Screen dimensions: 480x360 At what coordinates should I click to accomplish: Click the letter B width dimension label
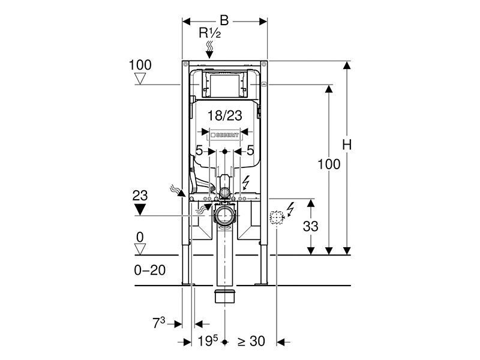tap(224, 20)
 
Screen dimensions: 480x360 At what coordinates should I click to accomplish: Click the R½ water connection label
tap(209, 33)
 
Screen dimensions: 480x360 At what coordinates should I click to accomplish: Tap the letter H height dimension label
tap(347, 145)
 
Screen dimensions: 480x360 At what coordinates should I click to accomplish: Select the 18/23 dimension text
tap(224, 116)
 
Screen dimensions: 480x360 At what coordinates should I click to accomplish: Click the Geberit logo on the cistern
tap(224, 135)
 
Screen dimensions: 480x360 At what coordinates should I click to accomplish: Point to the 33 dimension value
tap(310, 226)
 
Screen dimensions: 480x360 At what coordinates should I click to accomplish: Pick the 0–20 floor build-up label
tap(149, 270)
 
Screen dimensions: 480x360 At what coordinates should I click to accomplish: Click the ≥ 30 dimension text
tap(251, 341)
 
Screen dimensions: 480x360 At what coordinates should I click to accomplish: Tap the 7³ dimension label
tap(158, 323)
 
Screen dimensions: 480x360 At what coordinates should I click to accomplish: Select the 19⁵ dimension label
tap(208, 341)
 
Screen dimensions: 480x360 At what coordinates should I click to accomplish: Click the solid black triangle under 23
tap(140, 209)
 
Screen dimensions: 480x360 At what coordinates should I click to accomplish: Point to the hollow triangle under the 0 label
tap(140, 249)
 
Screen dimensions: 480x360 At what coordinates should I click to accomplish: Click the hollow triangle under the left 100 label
tap(140, 79)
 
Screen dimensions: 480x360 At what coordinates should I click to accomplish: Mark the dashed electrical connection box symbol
tap(277, 217)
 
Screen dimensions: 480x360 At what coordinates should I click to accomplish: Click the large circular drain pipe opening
tap(224, 215)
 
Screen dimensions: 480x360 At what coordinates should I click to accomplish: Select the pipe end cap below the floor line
tap(224, 296)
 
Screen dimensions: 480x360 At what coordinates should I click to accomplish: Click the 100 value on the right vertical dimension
tap(329, 164)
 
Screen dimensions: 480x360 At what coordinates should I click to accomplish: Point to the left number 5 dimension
tap(199, 151)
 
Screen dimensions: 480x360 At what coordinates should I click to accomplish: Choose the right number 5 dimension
tap(250, 151)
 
